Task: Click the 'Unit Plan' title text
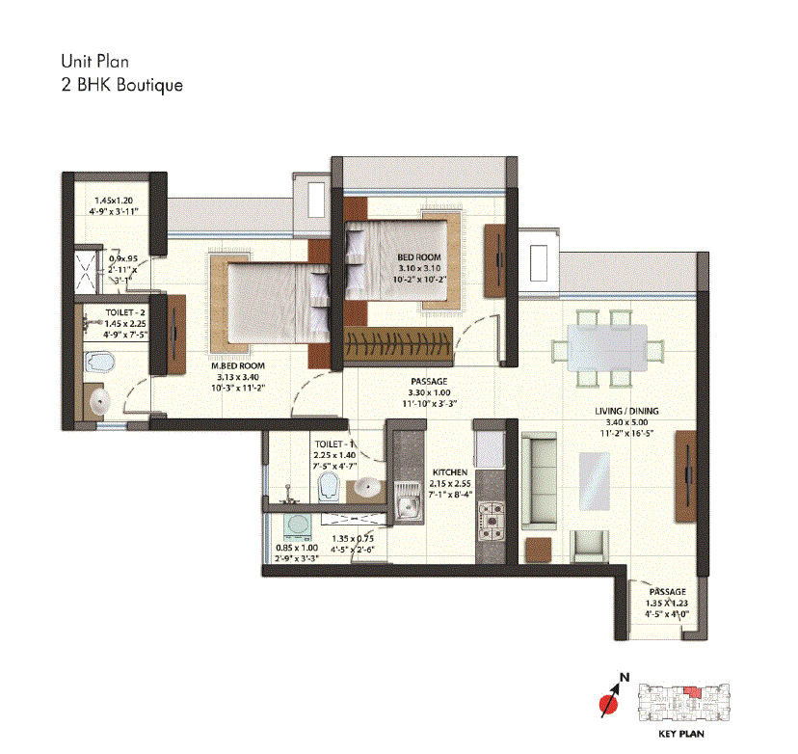tap(93, 63)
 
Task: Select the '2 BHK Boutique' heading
tap(121, 85)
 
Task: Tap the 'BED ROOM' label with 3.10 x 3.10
tap(418, 257)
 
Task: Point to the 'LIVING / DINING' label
tap(626, 412)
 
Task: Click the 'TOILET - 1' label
tap(334, 444)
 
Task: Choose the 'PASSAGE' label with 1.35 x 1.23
tap(667, 592)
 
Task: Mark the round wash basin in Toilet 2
tap(95, 402)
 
